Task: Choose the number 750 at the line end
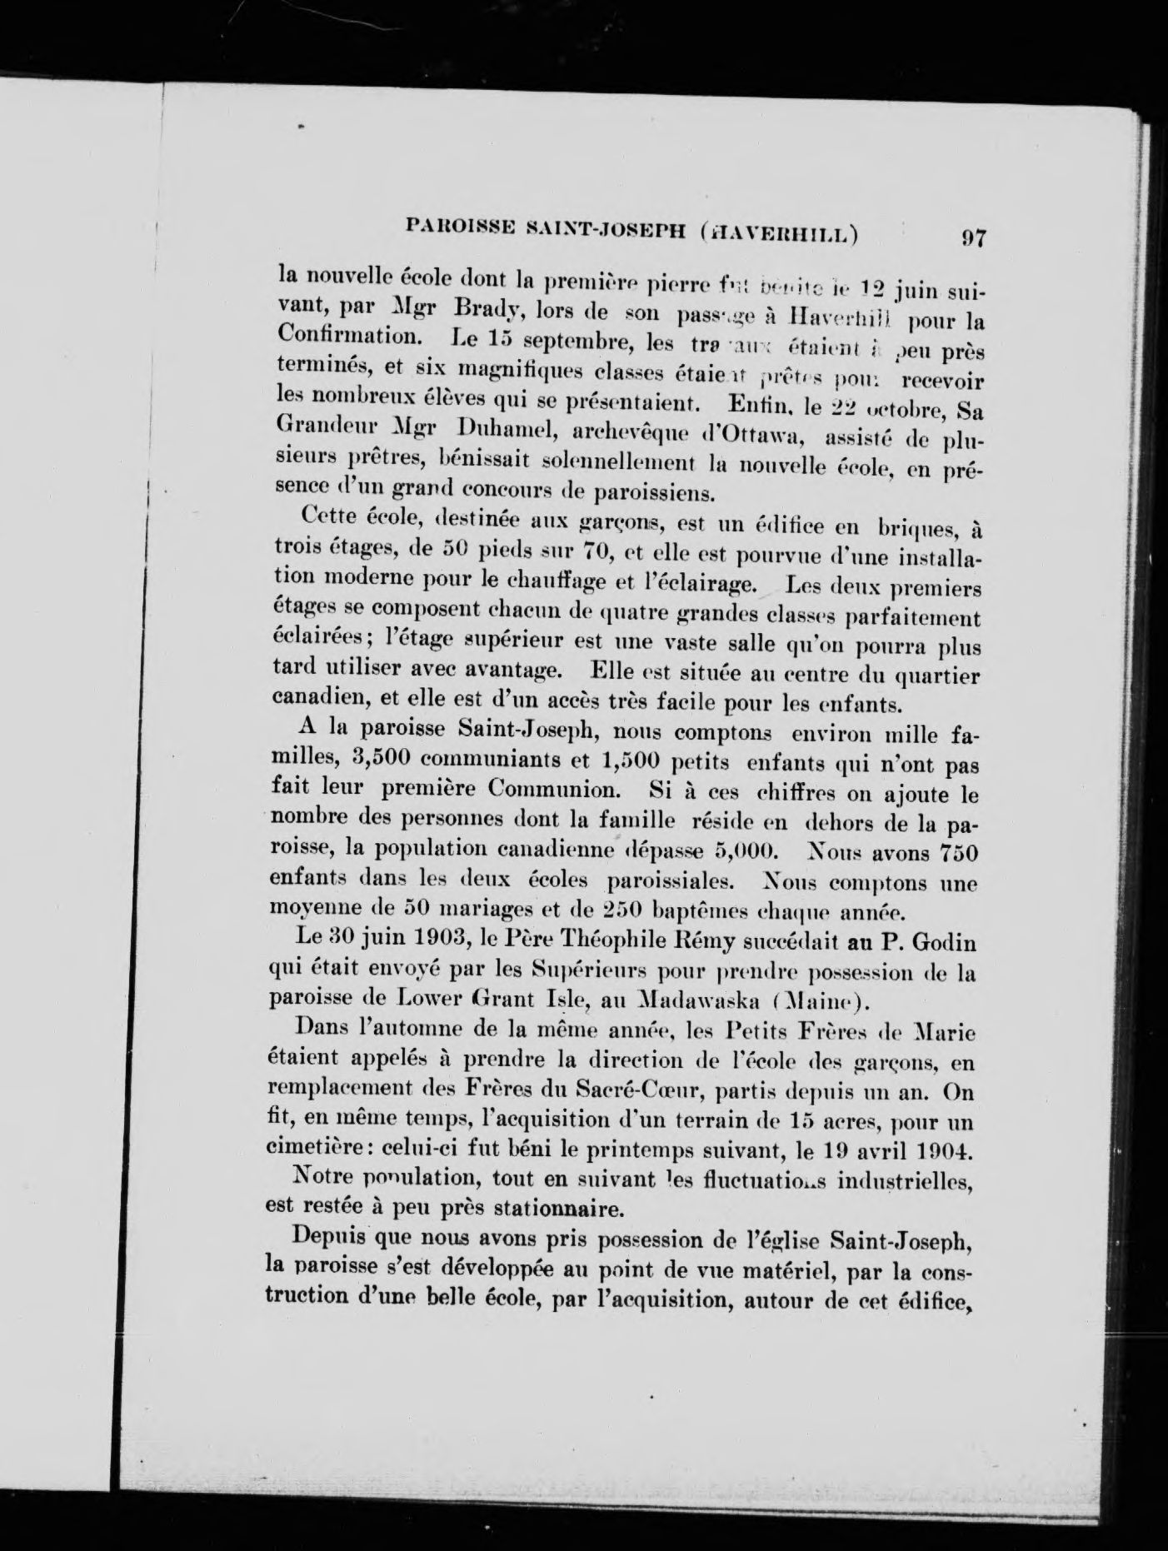coord(957,855)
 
